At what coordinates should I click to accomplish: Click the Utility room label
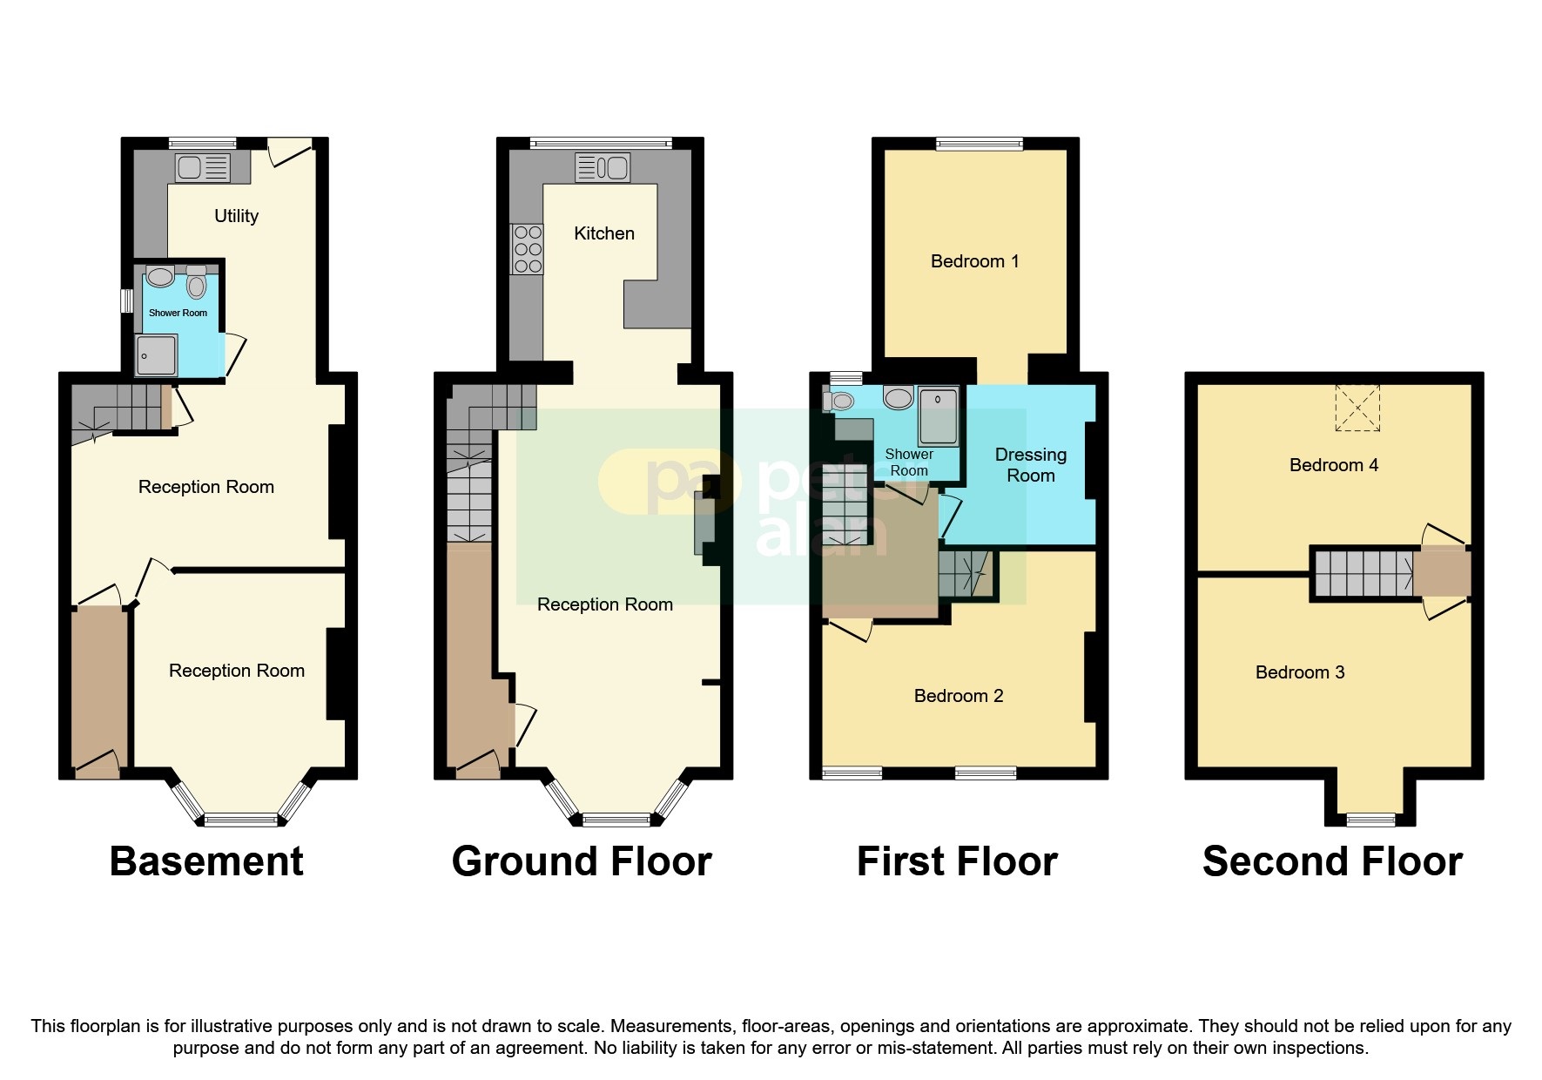pos(236,216)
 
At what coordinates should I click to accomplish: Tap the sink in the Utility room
pos(203,167)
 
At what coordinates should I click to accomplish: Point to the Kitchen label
pos(603,233)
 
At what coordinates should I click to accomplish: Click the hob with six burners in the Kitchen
pos(528,249)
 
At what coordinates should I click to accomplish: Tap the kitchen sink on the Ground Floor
pos(603,167)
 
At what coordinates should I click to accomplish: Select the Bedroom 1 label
pos(974,261)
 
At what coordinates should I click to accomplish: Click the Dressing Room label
pos(1030,465)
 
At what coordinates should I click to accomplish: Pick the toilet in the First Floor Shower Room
pos(840,402)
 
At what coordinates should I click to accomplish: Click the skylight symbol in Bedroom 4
pos(1357,408)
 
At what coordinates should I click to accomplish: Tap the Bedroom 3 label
pos(1299,672)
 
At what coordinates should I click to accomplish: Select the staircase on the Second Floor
pos(1364,574)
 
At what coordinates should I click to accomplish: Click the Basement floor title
pos(206,861)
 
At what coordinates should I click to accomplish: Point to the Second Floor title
pos(1332,861)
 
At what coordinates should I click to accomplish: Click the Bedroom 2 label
pos(958,696)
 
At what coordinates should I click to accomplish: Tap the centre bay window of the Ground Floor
pos(616,819)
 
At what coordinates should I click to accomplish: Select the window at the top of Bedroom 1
pos(980,144)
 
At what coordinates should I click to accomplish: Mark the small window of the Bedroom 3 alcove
pos(1370,819)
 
